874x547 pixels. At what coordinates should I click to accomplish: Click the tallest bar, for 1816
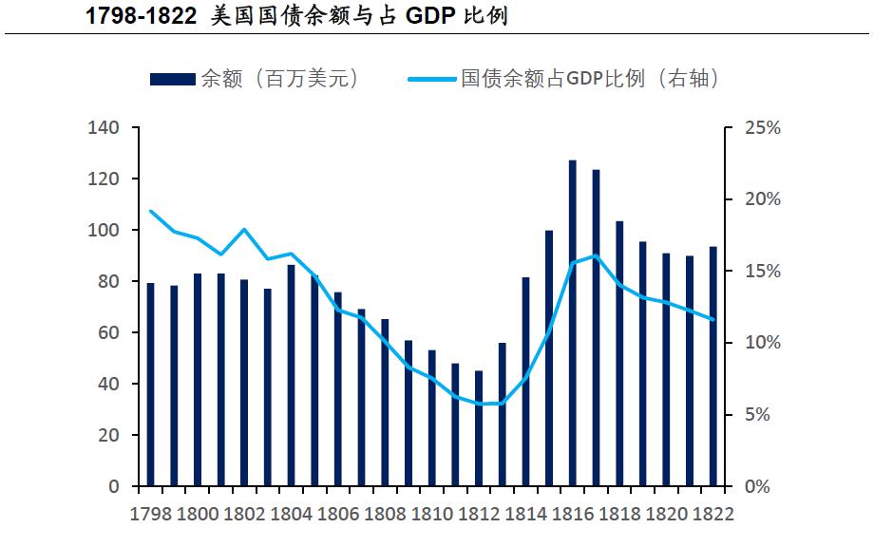point(573,323)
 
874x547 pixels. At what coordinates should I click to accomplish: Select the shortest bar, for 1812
point(479,428)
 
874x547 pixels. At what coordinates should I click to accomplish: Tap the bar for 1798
point(150,385)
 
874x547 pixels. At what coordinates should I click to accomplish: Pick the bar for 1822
point(713,367)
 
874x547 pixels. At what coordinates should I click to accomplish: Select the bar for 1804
point(292,375)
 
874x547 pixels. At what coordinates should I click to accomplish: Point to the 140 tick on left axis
point(105,127)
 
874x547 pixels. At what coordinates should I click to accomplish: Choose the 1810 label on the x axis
point(432,515)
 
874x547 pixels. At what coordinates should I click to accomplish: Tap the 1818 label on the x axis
point(620,515)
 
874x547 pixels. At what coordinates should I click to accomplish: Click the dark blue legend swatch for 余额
point(172,79)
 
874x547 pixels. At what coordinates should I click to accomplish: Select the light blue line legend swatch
point(432,79)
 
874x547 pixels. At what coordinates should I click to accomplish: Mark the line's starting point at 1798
point(150,211)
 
